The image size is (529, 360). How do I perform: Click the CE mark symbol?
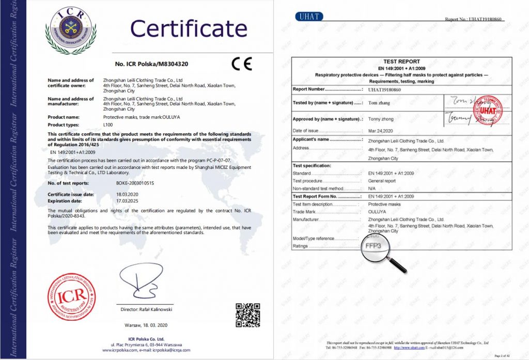pos(241,64)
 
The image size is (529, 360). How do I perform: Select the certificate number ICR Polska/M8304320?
pos(151,65)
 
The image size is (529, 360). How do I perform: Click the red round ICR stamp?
pos(71,297)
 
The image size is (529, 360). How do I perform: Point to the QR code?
pos(247,315)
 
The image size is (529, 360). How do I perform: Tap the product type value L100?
pos(107,125)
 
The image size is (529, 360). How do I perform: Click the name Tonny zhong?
pos(381,119)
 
